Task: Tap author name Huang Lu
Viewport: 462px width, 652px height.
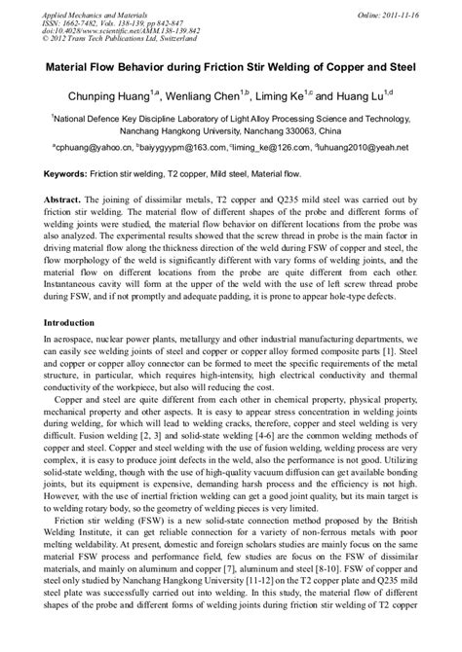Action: tap(371, 97)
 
